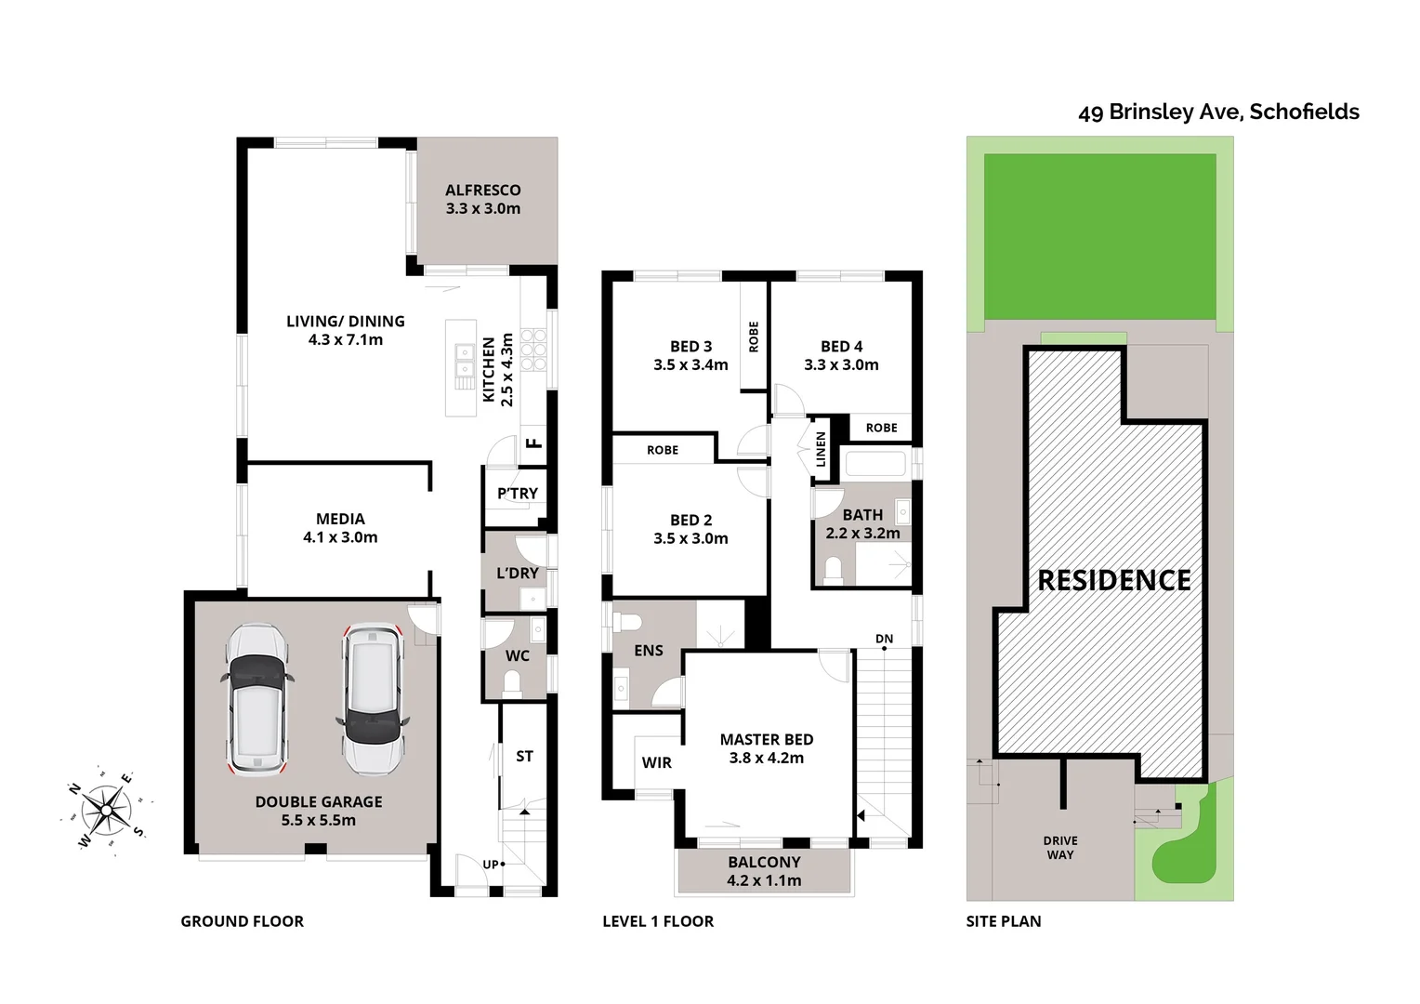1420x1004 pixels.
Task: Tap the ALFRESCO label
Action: coord(482,190)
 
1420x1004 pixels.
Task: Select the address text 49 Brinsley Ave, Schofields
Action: coord(1217,112)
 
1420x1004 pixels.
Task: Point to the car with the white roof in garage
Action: coord(373,698)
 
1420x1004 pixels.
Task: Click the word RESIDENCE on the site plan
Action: coord(1113,580)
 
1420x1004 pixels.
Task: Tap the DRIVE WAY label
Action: coord(1059,848)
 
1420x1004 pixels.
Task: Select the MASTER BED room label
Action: coord(766,739)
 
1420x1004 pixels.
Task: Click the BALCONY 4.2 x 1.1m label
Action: coord(764,871)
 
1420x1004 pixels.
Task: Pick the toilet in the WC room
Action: coord(512,684)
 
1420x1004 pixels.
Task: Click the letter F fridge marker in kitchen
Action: coord(533,443)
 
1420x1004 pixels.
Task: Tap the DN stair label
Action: coord(884,639)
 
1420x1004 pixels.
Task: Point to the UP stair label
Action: coord(490,864)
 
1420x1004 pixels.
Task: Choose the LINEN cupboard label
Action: coord(821,450)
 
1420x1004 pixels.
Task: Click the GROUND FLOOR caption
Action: coord(242,921)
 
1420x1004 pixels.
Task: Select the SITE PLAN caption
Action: coord(1003,921)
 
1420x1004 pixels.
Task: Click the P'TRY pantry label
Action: coord(517,494)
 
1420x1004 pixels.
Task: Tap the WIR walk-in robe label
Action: coord(656,762)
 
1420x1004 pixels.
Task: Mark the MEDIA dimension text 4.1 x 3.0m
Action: coord(340,537)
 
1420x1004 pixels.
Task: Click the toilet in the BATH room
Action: coord(833,568)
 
